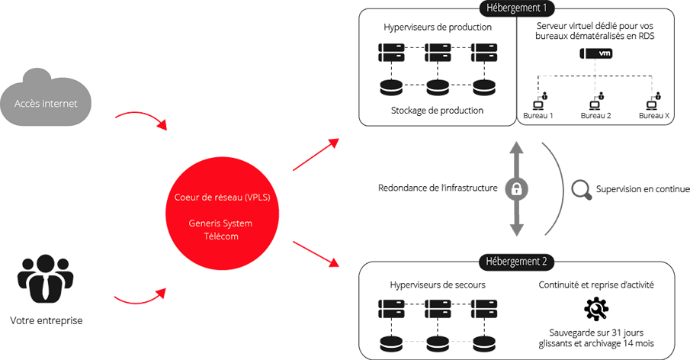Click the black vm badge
pyautogui.click(x=599, y=54)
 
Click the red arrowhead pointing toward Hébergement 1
pyautogui.click(x=333, y=142)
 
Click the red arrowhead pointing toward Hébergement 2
pyautogui.click(x=333, y=263)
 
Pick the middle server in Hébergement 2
pyautogui.click(x=436, y=310)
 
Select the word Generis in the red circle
pyautogui.click(x=206, y=224)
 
